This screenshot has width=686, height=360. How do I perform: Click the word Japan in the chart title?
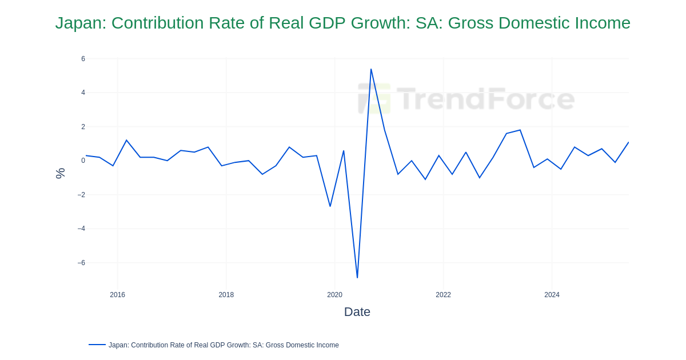[x=79, y=23]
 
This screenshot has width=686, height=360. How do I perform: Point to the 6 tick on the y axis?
[x=83, y=59]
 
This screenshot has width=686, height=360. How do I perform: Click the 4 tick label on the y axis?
[x=83, y=93]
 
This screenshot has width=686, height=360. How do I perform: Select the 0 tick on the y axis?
[x=83, y=161]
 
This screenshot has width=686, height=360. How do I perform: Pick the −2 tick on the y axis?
[x=81, y=195]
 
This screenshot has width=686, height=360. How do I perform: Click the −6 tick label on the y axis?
[x=81, y=263]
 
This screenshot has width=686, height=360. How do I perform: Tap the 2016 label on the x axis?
[x=117, y=295]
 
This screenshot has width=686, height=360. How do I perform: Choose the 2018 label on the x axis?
[x=226, y=295]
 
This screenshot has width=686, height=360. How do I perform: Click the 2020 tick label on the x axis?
[x=334, y=295]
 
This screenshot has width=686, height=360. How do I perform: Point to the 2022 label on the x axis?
[x=443, y=295]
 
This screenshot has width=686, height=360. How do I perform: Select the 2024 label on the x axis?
[x=552, y=295]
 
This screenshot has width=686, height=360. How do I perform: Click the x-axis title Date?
[x=357, y=312]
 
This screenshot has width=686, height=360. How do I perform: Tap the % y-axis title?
[x=60, y=173]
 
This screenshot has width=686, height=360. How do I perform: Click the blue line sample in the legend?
[x=97, y=345]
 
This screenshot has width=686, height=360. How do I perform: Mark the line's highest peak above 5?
[x=371, y=70]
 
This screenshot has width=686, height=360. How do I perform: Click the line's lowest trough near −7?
[x=357, y=278]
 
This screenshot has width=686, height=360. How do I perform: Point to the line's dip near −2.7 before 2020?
[x=330, y=206]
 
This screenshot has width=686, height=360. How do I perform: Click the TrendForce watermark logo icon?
[x=374, y=98]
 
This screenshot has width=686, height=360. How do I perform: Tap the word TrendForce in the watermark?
[x=485, y=98]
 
